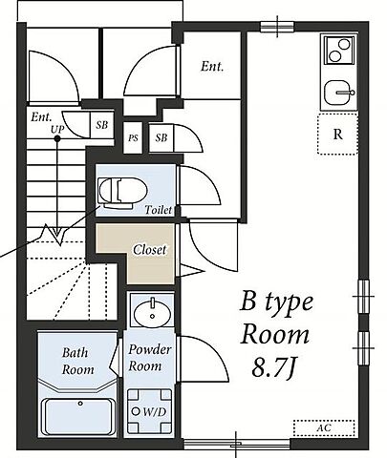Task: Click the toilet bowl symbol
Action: pos(122,193)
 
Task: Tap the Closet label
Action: pos(150,250)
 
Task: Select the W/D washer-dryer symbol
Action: pos(149,411)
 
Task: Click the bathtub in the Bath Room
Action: pos(79,417)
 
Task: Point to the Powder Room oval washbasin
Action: pos(152,313)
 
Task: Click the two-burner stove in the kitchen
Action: pos(339,51)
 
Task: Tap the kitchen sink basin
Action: pos(338,93)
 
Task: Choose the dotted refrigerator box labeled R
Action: pos(337,134)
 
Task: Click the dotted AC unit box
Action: pos(324,427)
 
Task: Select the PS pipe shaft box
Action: pos(133,138)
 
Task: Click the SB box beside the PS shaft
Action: pos(161,137)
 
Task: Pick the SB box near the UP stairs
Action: pos(102,125)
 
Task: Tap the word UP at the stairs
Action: pos(57,129)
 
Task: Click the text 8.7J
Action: pos(272,367)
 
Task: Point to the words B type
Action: pos(276,303)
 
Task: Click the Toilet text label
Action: pos(159,210)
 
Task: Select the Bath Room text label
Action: pos(78,361)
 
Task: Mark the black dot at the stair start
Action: pos(57,138)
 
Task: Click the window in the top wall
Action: pos(277,27)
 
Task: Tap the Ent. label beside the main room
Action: pos(212,67)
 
